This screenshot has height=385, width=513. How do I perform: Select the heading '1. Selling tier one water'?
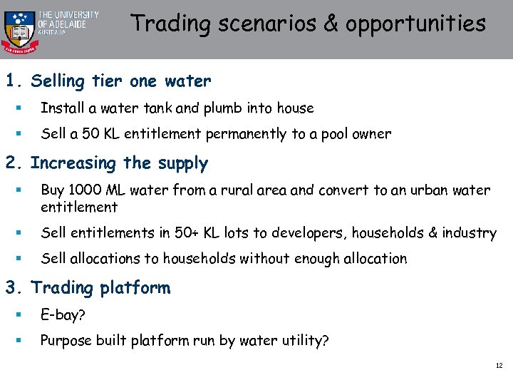click(x=108, y=81)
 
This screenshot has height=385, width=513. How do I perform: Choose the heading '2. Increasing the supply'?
click(x=106, y=163)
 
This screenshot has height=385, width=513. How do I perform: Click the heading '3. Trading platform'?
click(x=88, y=288)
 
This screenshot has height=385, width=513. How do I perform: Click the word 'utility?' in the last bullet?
click(x=304, y=341)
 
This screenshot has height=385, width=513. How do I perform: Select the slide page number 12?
click(x=499, y=366)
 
